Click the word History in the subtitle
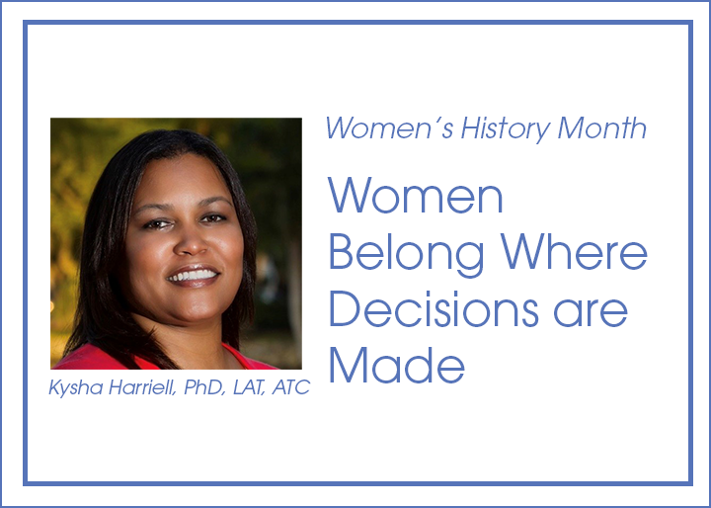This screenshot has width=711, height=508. click(x=506, y=128)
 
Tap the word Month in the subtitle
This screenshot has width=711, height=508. click(x=601, y=127)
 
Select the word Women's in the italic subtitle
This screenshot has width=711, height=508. click(x=389, y=127)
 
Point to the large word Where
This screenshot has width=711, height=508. click(x=574, y=252)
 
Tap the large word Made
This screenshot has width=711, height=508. click(x=397, y=366)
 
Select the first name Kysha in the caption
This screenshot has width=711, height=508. click(x=76, y=388)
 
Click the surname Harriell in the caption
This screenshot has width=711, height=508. click(x=142, y=388)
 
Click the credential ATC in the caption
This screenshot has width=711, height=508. click(x=290, y=387)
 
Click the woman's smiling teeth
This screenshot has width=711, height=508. click(x=193, y=275)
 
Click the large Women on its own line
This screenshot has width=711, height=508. click(x=416, y=196)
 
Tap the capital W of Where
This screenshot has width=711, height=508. click(x=522, y=252)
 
